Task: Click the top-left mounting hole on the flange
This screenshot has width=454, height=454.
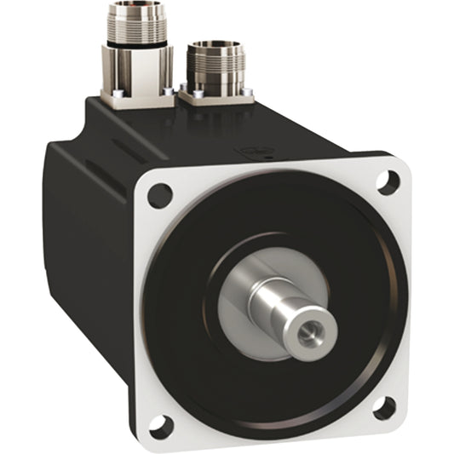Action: [x=159, y=196]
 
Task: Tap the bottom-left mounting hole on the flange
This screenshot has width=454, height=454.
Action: [x=160, y=424]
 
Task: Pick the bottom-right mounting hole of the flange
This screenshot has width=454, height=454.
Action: [x=384, y=409]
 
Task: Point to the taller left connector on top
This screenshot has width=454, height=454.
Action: [x=136, y=51]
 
